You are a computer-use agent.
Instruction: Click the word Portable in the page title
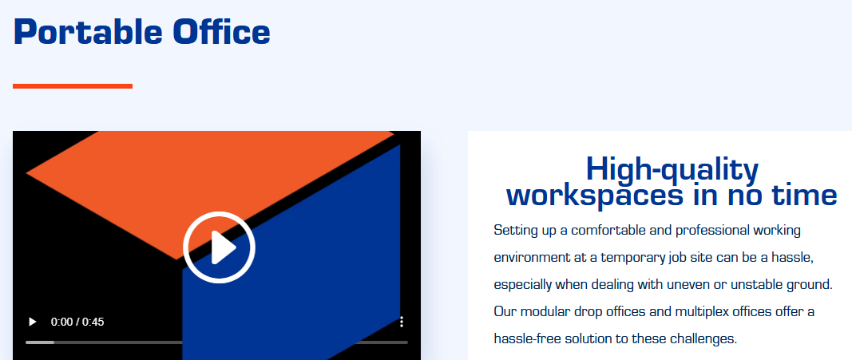[x=88, y=31]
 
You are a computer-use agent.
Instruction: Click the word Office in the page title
[x=222, y=31]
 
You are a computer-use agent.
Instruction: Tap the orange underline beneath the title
[x=73, y=85]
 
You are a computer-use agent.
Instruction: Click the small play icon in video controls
[x=33, y=322]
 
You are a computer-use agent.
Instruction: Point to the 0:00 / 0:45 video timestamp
[x=77, y=322]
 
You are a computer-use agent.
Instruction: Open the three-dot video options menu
[x=402, y=322]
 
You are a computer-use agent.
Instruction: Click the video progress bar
[x=216, y=342]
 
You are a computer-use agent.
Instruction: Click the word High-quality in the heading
[x=672, y=169]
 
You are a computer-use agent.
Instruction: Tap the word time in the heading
[x=805, y=195]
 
